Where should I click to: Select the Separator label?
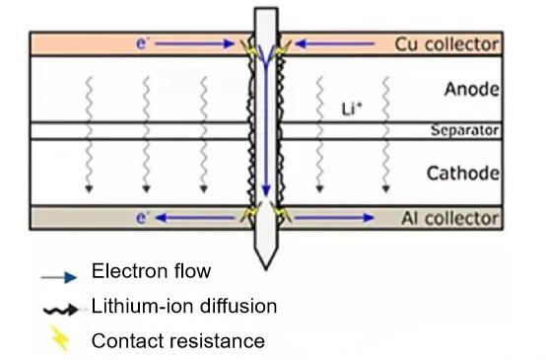pyautogui.click(x=465, y=130)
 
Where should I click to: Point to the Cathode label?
pyautogui.click(x=463, y=174)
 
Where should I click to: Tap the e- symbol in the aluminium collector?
pyautogui.click(x=143, y=218)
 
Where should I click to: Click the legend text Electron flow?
pyautogui.click(x=151, y=271)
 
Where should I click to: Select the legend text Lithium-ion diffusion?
pyautogui.click(x=183, y=307)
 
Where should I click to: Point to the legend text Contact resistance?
pyautogui.click(x=177, y=342)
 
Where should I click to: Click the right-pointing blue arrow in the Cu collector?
pyautogui.click(x=197, y=44)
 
